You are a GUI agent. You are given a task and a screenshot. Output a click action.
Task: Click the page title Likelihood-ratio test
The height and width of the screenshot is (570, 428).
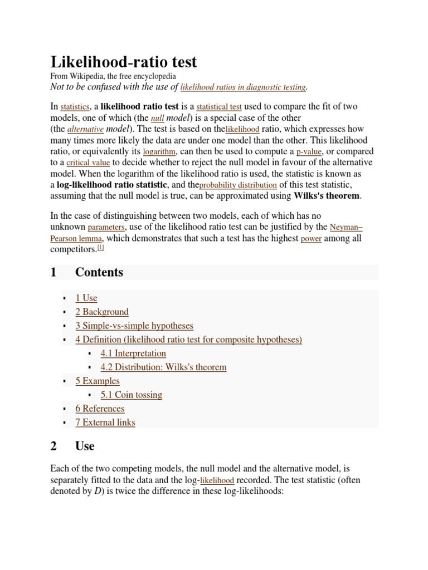pyautogui.click(x=124, y=62)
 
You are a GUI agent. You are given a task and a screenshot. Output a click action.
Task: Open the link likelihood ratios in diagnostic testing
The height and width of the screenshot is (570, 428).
pyautogui.click(x=243, y=87)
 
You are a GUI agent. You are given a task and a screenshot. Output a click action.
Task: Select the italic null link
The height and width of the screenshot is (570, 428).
pyautogui.click(x=157, y=119)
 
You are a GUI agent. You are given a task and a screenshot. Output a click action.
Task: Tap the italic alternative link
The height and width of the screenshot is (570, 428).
pyautogui.click(x=85, y=129)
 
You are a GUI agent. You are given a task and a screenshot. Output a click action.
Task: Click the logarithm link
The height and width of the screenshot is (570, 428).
pyautogui.click(x=159, y=151)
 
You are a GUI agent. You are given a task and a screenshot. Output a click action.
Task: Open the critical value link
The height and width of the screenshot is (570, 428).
pyautogui.click(x=88, y=163)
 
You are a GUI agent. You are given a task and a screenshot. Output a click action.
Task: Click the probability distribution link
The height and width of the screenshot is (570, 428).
pyautogui.click(x=238, y=185)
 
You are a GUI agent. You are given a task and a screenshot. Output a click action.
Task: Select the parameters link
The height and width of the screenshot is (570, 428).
pyautogui.click(x=106, y=228)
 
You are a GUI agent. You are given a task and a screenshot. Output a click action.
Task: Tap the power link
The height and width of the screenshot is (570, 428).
pyautogui.click(x=311, y=239)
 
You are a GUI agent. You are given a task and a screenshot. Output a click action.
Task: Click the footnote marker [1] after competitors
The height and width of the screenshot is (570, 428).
pyautogui.click(x=101, y=247)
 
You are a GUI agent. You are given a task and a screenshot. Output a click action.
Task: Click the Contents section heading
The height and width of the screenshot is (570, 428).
pyautogui.click(x=99, y=272)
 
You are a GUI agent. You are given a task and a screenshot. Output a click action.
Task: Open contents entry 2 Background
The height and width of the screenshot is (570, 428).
pyautogui.click(x=102, y=312)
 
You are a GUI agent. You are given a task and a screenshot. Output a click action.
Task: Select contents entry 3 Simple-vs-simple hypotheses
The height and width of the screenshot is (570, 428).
pyautogui.click(x=134, y=326)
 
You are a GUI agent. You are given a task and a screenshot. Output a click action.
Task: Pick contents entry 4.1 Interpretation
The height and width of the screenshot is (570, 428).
pyautogui.click(x=133, y=353)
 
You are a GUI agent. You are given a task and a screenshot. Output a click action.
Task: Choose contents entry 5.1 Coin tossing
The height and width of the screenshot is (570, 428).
pyautogui.click(x=132, y=395)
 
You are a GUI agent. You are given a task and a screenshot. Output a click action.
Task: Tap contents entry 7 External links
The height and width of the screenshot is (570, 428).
pyautogui.click(x=105, y=422)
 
